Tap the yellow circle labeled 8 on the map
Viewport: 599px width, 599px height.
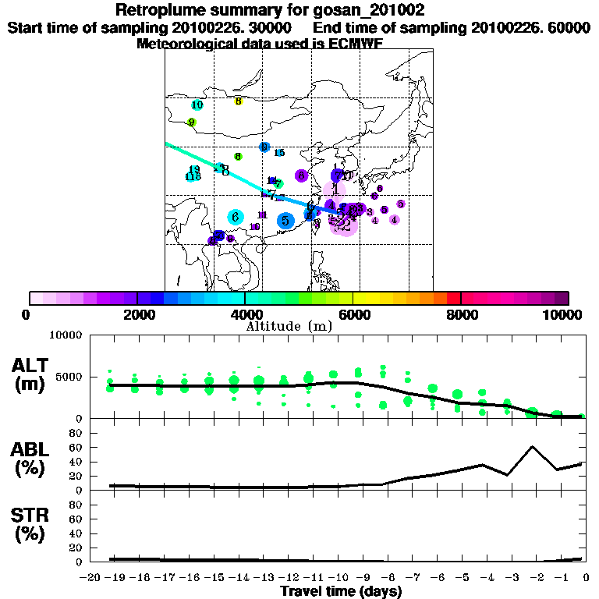(239, 101)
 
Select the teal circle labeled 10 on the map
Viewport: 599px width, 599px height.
(197, 105)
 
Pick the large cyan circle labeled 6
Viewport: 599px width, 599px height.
(235, 217)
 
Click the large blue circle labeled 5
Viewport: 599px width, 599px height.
(285, 221)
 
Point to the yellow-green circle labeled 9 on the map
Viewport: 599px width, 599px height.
(192, 122)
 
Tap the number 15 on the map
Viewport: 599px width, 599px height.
(278, 154)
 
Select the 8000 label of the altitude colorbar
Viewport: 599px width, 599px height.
(460, 314)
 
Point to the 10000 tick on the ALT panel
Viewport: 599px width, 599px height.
(66, 335)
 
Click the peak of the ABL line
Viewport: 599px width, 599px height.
(532, 447)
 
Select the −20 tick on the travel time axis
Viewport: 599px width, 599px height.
(91, 578)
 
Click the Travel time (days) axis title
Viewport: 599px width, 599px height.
(340, 592)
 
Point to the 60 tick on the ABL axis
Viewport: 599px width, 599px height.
(77, 448)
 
